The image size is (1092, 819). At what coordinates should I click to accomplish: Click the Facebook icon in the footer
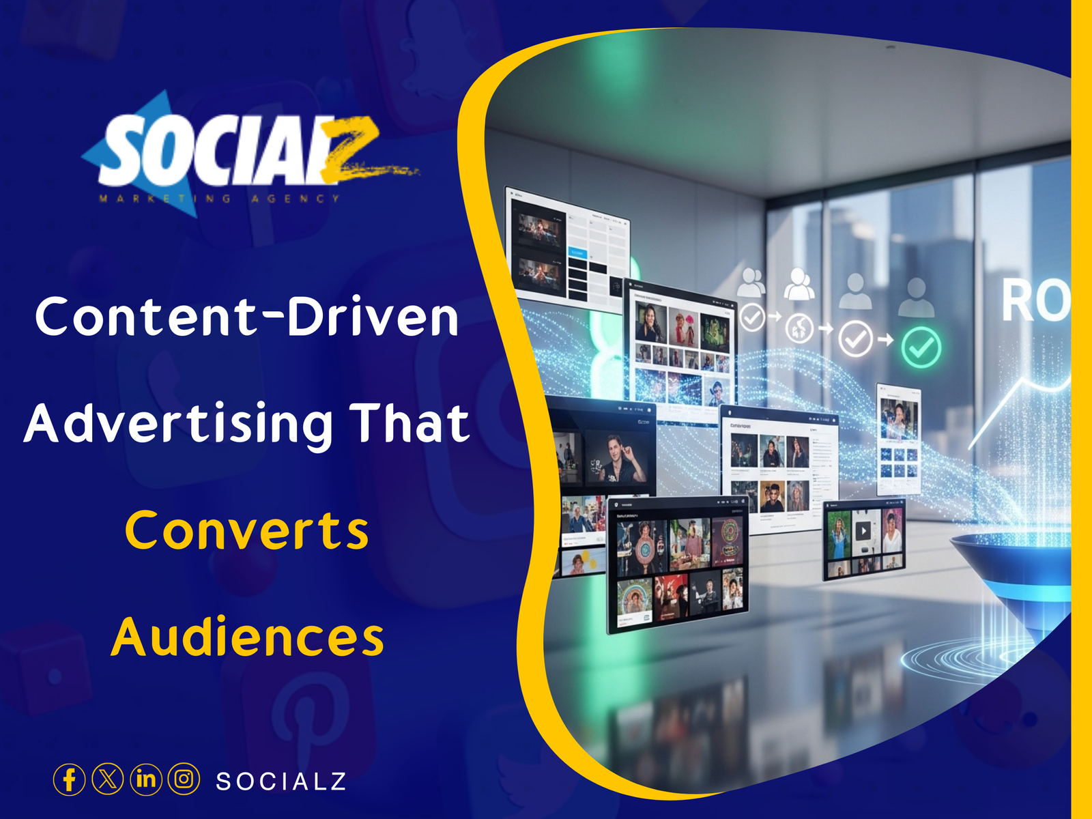pyautogui.click(x=69, y=779)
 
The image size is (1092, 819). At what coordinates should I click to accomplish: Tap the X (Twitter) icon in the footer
pyautogui.click(x=107, y=779)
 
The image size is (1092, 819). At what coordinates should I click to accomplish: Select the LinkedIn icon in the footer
pyautogui.click(x=145, y=779)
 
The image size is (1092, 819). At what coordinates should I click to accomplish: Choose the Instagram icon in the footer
pyautogui.click(x=184, y=779)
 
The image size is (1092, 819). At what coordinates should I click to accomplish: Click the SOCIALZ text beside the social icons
pyautogui.click(x=281, y=781)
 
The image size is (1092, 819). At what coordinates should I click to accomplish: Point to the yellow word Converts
pyautogui.click(x=247, y=531)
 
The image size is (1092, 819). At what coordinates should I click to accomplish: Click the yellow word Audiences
pyautogui.click(x=247, y=637)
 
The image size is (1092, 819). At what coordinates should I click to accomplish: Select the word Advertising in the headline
pyautogui.click(x=179, y=425)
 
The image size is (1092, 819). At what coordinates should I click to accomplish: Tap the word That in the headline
pyautogui.click(x=409, y=423)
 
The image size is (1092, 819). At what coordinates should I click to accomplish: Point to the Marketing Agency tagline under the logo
pyautogui.click(x=220, y=199)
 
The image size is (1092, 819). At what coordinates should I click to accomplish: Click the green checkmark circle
pyautogui.click(x=921, y=347)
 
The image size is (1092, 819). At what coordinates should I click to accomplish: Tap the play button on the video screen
pyautogui.click(x=864, y=530)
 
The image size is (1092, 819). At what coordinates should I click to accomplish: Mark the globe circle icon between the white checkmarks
pyautogui.click(x=799, y=329)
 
